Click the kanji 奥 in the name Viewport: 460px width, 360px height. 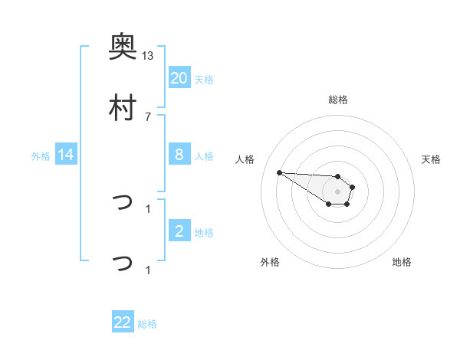pyautogui.click(x=123, y=47)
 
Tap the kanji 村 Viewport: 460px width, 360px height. pyautogui.click(x=123, y=109)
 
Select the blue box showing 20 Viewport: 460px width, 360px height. pyautogui.click(x=179, y=77)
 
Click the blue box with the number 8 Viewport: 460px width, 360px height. pyautogui.click(x=179, y=155)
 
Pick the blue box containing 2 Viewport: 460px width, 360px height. pyautogui.click(x=179, y=231)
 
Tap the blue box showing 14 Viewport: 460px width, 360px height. pyautogui.click(x=66, y=155)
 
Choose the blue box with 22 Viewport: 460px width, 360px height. pyautogui.click(x=123, y=322)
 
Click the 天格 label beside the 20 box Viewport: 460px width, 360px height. pyautogui.click(x=204, y=79)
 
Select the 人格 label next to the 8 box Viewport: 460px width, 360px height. pyautogui.click(x=204, y=156)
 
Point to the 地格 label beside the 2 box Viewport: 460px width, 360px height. pyautogui.click(x=204, y=233)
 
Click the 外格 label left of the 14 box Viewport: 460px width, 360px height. pyautogui.click(x=41, y=156)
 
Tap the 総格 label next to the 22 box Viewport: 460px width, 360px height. pyautogui.click(x=147, y=324)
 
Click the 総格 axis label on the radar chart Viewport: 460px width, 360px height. pyautogui.click(x=337, y=100)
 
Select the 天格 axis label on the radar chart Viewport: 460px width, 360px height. pyautogui.click(x=431, y=159)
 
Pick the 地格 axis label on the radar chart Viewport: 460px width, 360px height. pyautogui.click(x=402, y=262)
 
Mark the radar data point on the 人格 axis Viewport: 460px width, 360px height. pyautogui.click(x=279, y=172)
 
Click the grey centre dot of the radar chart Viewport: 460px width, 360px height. pyautogui.click(x=337, y=191)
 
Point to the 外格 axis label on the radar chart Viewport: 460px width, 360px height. pyautogui.click(x=270, y=262)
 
